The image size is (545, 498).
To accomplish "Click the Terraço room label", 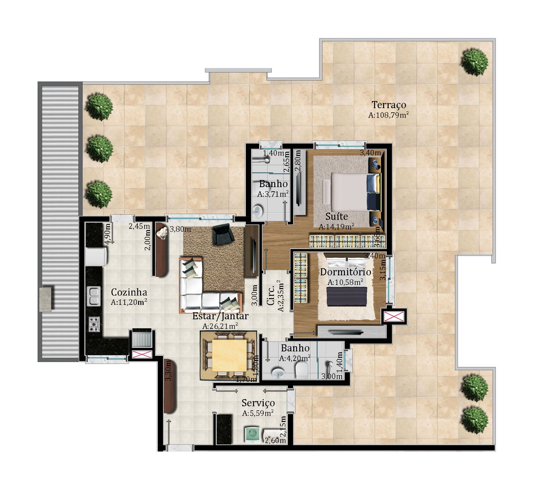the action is pos(389,105).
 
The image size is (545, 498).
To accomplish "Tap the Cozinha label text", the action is pos(129,292).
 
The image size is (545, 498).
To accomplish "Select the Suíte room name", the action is pos(337,216).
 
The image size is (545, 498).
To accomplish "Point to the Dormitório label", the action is pos(345,272).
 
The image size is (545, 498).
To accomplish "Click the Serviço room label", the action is pos(258,403).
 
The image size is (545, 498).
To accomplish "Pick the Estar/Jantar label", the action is pos(220,316).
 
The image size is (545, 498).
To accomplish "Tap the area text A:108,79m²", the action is pos(389,115).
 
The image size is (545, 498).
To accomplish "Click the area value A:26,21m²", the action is pos(220,326).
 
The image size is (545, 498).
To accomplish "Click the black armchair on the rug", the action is pos(223,234).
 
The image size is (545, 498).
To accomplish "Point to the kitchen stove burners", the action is pos(94,324).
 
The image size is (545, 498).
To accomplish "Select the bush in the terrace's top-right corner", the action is pos(474,62).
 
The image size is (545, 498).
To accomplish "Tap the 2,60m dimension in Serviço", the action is pos(275,440).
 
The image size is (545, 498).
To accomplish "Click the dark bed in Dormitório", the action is pos(347,297).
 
